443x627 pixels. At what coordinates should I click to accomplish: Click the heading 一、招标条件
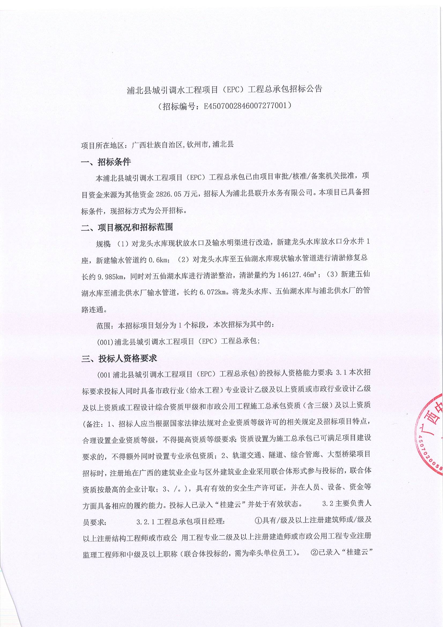click(106, 162)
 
